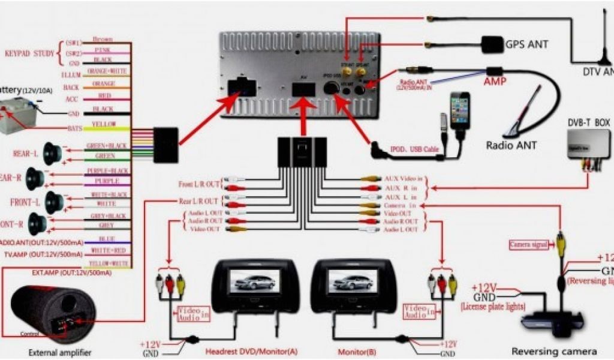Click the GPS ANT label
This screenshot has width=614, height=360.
click(526, 44)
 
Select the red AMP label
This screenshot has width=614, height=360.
click(495, 81)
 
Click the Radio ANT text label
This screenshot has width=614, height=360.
click(511, 145)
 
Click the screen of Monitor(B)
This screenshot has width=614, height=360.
click(353, 280)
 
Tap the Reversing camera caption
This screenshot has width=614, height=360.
click(553, 352)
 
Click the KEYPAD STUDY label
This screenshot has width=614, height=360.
click(29, 53)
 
